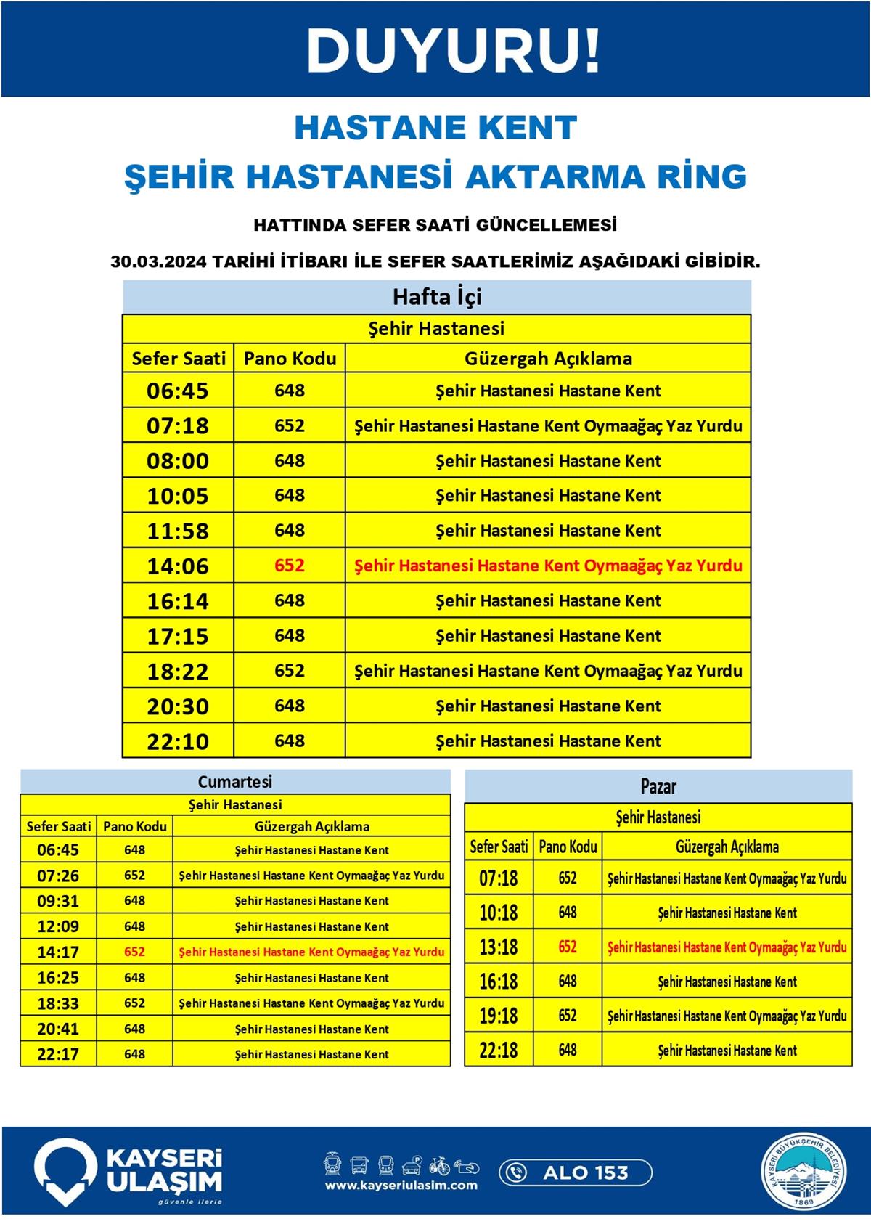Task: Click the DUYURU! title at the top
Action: [453, 51]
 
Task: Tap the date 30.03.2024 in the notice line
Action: [158, 261]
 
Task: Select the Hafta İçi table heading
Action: [437, 297]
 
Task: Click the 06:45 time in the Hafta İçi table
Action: [178, 391]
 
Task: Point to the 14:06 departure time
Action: [178, 566]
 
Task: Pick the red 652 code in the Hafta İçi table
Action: [289, 566]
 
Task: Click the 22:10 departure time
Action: [178, 741]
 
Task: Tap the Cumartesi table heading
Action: [235, 782]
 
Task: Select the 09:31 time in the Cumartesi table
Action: [58, 901]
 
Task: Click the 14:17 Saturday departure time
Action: [58, 952]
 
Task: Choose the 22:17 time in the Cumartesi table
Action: [58, 1054]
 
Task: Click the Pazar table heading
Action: [658, 786]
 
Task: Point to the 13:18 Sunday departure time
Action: [499, 947]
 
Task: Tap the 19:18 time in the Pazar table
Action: [499, 1016]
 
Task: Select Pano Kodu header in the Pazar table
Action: [568, 847]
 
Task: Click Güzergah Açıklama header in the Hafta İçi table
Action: [548, 359]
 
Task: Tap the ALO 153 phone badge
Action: [576, 1172]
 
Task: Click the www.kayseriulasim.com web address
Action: [401, 1186]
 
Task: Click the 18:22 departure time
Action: [178, 672]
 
